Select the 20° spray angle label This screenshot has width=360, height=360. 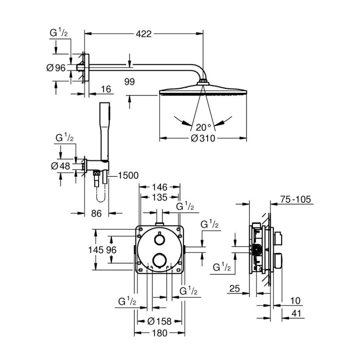coord(203,126)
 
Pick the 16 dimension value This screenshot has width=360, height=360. coord(105,89)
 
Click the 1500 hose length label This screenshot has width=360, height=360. coord(128,175)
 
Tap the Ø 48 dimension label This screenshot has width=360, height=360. coord(61,166)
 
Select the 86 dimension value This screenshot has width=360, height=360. coord(96,213)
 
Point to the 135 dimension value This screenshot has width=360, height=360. coord(160,196)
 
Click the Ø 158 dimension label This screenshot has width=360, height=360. coord(160,320)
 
